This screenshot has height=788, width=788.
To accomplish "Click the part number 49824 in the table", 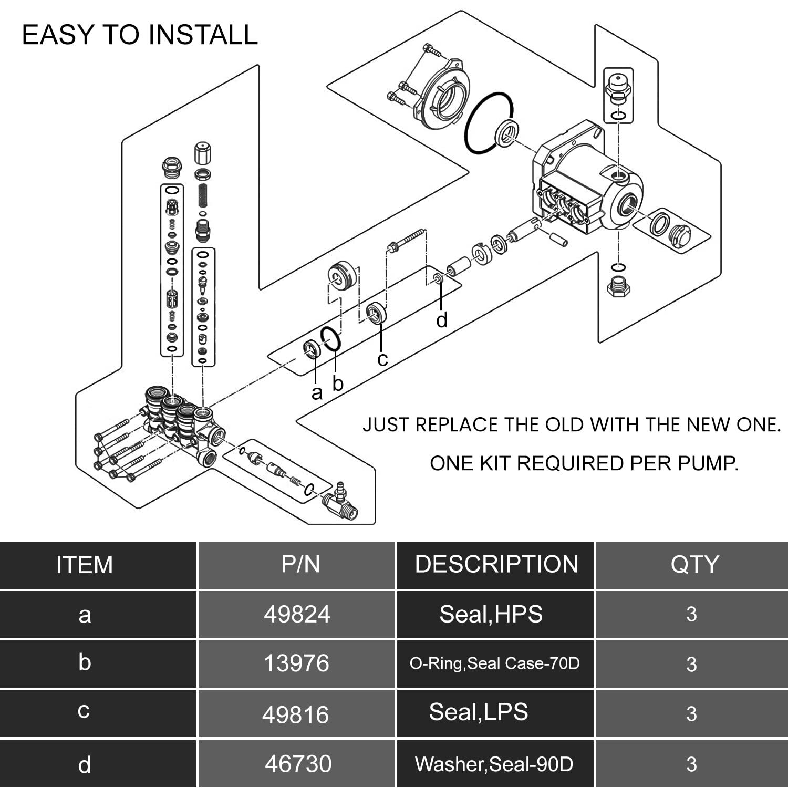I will [x=297, y=614].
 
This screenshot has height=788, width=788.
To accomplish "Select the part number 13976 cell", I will [x=296, y=663].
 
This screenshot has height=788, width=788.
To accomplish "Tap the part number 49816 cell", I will [x=295, y=714].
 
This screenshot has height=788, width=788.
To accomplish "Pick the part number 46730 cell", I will [x=298, y=764].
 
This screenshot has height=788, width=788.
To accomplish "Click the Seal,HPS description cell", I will [x=491, y=614].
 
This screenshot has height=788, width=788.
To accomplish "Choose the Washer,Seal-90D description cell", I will [x=494, y=764].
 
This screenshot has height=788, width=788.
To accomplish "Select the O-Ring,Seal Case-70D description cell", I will [x=494, y=663].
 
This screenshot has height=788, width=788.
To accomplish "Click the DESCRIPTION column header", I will [x=496, y=564].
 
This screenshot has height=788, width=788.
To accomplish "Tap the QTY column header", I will [x=694, y=564].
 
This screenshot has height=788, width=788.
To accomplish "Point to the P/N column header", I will [x=300, y=564].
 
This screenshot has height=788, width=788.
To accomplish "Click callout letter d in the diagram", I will [x=442, y=320].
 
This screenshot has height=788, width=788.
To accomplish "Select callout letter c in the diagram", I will [x=382, y=359].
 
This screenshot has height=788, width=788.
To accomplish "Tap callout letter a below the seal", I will [x=316, y=393].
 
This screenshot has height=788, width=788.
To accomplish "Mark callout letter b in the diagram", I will [x=338, y=383].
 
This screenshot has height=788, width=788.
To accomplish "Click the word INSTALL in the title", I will [x=203, y=35].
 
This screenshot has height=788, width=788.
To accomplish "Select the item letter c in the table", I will [x=84, y=711].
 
